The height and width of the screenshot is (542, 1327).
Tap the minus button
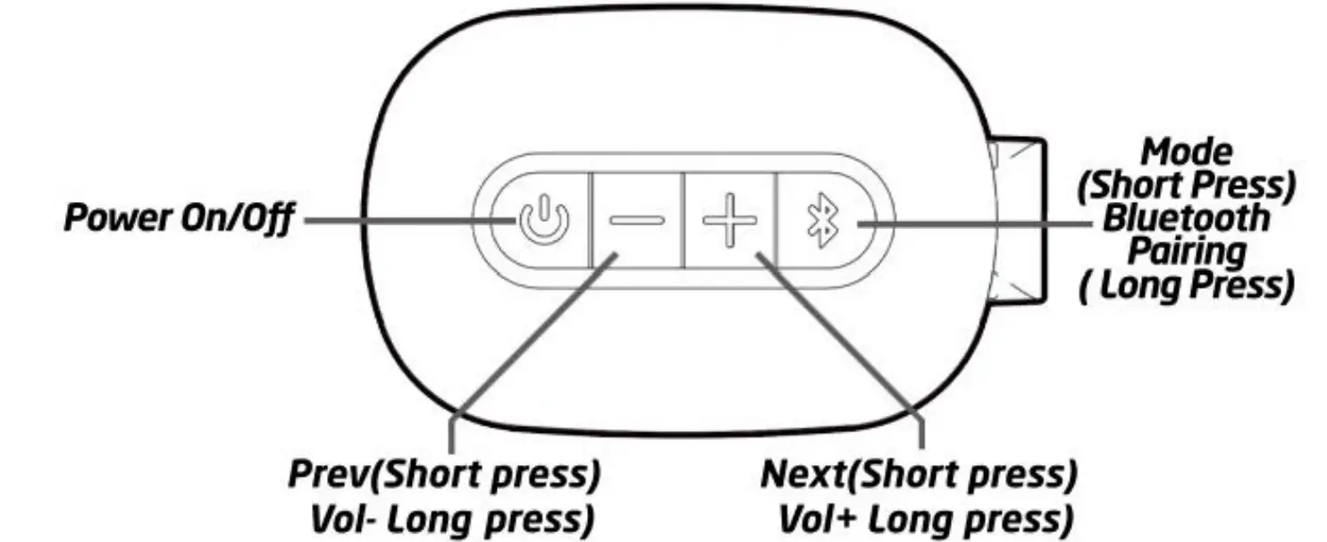point(635,220)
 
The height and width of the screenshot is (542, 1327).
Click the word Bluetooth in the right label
point(1185,218)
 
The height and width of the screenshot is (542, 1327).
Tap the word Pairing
point(1185,251)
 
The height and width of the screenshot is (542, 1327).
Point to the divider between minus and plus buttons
point(684,220)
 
